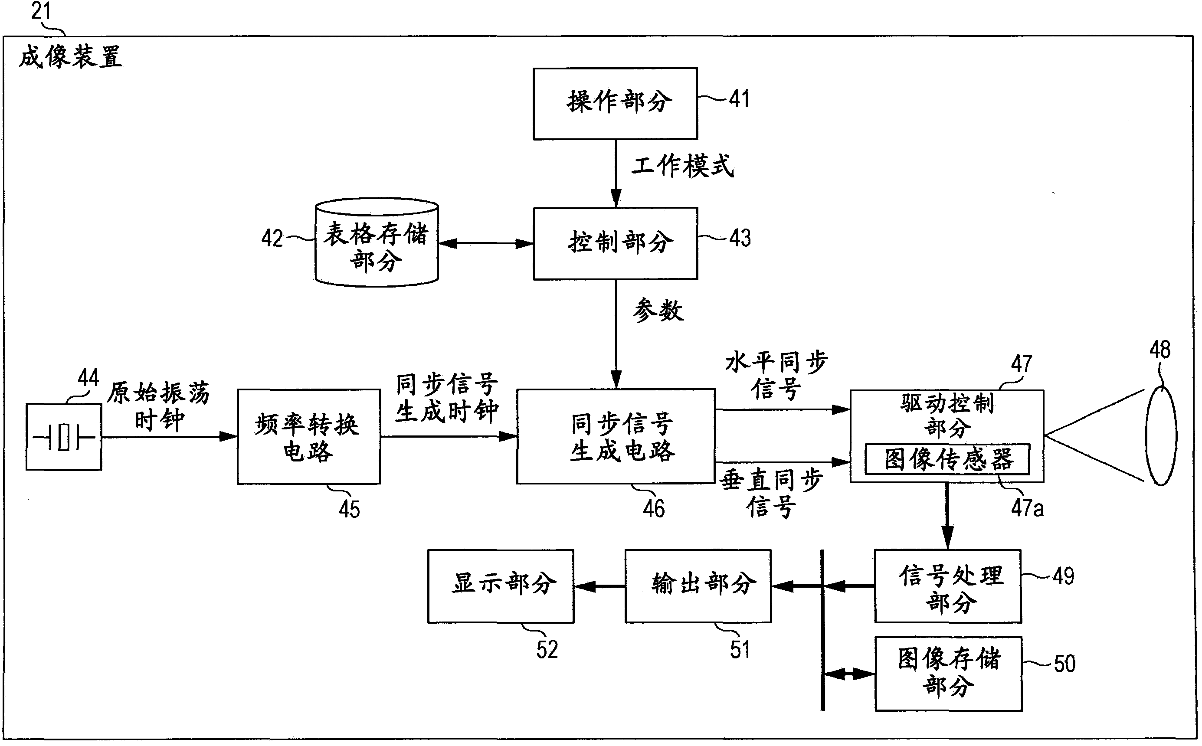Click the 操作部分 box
615,103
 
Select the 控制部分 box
615,243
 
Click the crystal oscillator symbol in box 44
64,437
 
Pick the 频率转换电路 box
308,437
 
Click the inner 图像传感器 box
947,459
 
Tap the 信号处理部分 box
948,586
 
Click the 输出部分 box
698,586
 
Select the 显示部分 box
501,586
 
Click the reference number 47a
1027,508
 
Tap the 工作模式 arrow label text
682,166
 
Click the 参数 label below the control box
658,311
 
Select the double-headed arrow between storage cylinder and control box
486,244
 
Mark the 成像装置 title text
71,57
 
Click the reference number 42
272,238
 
